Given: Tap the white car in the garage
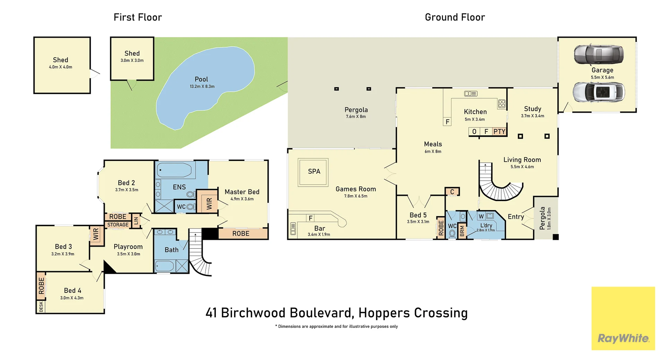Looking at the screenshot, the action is click(x=599, y=92).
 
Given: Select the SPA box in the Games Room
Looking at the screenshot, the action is click(x=313, y=172).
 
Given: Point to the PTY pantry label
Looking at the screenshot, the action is click(x=499, y=132).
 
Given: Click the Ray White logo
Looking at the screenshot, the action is click(x=623, y=318).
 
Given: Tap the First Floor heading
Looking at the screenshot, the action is click(x=138, y=17).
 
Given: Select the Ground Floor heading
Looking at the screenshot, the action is click(x=455, y=17).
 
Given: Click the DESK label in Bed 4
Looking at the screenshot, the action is click(x=41, y=307).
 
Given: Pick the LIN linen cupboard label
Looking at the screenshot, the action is click(x=136, y=220).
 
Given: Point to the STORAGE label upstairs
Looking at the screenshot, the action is click(x=118, y=225).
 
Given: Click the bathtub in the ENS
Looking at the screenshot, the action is click(x=174, y=170).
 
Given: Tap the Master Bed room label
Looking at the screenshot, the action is click(x=242, y=192).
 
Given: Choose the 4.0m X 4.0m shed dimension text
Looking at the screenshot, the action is click(x=61, y=67).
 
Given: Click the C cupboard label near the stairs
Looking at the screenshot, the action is click(x=452, y=192).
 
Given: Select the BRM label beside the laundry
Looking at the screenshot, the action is click(x=462, y=231).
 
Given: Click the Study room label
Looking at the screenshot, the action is click(x=532, y=109).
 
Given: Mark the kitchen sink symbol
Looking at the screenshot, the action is click(x=471, y=93).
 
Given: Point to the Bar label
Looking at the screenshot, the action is click(x=319, y=228).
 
